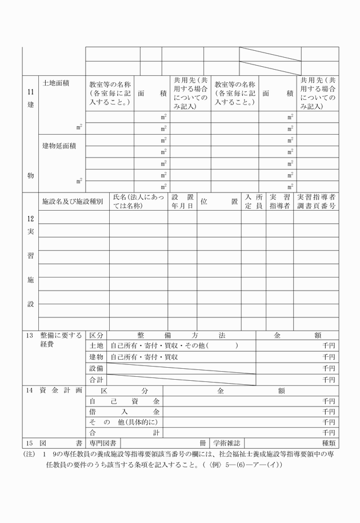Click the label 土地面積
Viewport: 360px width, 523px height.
56,83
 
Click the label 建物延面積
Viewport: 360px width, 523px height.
59,146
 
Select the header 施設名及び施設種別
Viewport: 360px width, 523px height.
73,202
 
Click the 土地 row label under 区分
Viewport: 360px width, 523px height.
96,346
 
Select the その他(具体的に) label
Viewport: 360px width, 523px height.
122,422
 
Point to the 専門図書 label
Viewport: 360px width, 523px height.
103,442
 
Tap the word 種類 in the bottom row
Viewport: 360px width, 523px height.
329,442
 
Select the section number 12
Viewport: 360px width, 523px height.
30,219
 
